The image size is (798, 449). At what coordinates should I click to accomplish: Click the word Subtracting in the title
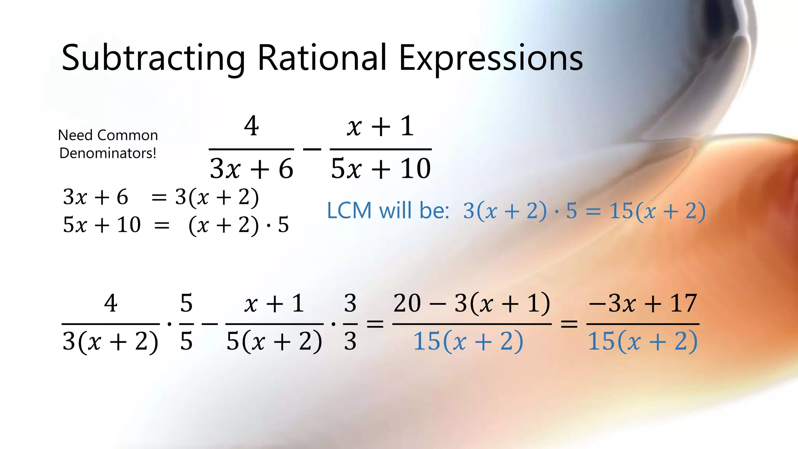153,58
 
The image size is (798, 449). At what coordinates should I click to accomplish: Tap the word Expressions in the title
491,58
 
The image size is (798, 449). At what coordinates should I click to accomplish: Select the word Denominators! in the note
108,153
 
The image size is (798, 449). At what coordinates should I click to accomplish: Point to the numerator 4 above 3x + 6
251,126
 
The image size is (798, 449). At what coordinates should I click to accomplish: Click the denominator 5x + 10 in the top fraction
381,169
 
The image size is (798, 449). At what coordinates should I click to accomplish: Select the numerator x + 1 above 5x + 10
380,126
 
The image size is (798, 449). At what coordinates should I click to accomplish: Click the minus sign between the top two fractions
312,149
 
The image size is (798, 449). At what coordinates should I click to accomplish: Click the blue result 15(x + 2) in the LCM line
657,211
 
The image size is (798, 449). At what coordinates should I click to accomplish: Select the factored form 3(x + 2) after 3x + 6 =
217,197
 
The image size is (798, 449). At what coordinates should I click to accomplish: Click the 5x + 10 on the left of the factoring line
102,225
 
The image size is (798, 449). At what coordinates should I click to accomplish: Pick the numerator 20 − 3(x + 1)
471,303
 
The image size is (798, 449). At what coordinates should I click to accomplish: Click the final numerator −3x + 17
643,303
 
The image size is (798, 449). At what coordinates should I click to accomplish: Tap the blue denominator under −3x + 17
643,341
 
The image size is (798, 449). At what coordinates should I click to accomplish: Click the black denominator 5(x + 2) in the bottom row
274,341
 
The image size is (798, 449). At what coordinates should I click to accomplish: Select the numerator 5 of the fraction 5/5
186,303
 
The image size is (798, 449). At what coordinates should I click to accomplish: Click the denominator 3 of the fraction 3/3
350,341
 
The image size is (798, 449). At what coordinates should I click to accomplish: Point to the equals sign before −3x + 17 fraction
569,323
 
